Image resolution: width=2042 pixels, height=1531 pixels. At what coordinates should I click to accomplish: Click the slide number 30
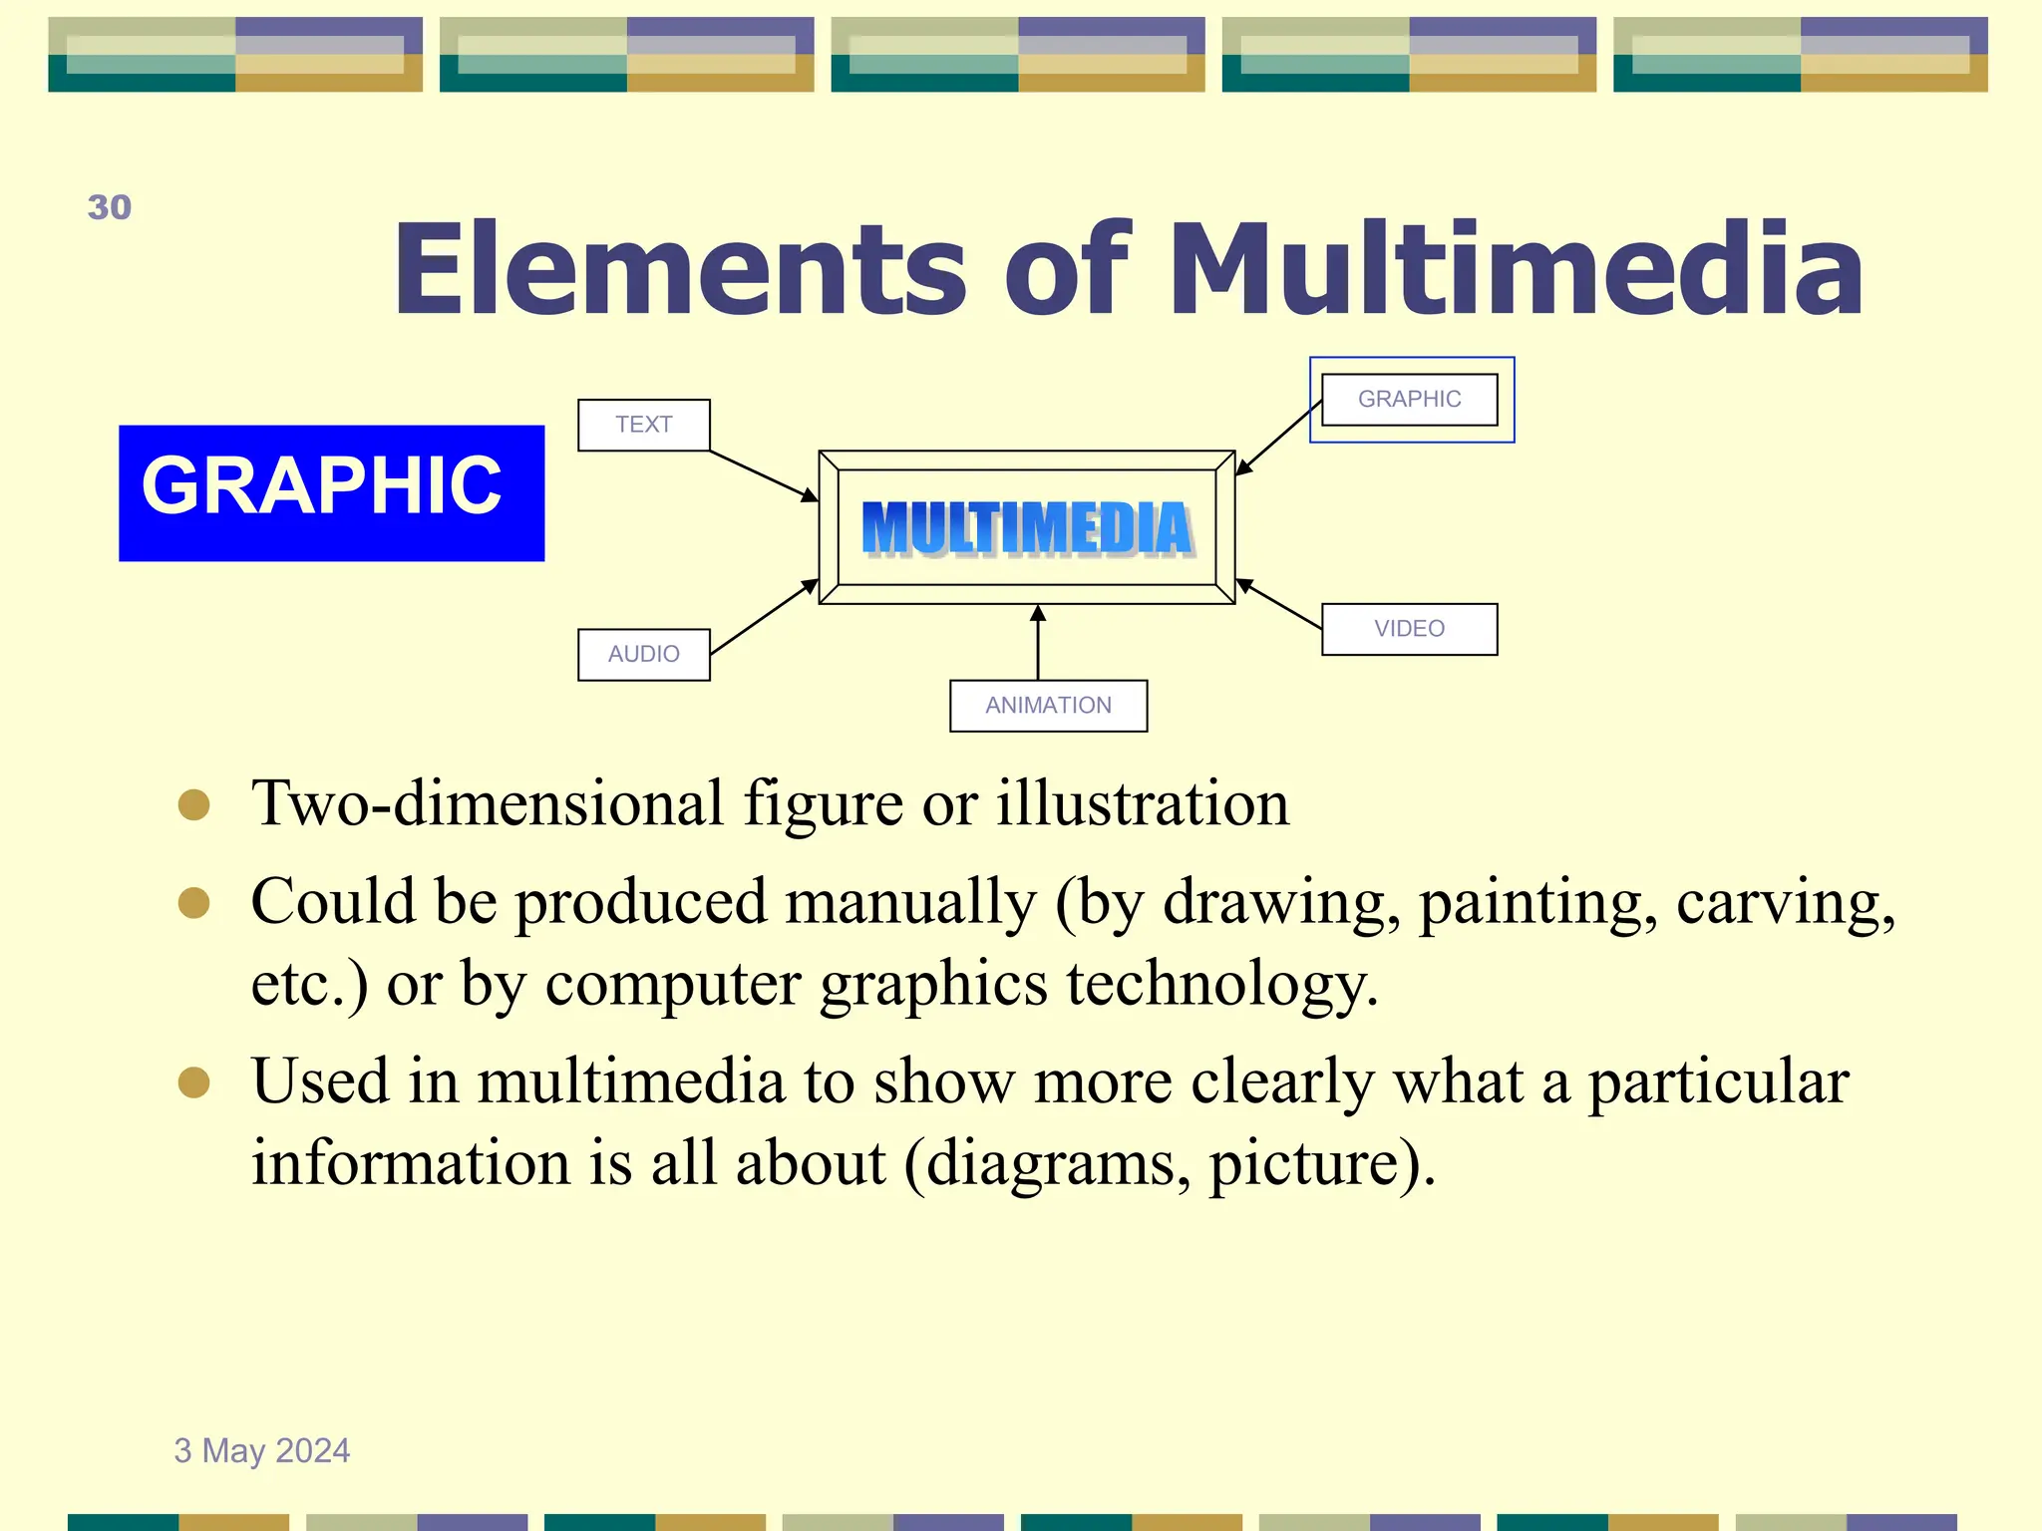110,207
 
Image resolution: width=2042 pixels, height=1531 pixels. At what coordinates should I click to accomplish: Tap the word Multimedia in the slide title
1516,269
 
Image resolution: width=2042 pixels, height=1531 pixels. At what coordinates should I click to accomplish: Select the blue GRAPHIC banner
331,492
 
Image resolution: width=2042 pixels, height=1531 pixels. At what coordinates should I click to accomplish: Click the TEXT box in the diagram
644,425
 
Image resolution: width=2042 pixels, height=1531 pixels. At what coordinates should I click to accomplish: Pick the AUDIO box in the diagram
644,654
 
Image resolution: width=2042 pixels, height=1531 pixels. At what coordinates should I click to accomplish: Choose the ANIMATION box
1048,706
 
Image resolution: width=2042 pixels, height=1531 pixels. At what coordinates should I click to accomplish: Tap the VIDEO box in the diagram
1409,629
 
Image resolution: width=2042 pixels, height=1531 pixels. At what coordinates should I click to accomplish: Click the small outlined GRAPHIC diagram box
1409,399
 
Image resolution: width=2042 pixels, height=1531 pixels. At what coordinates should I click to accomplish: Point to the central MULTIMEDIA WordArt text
1027,528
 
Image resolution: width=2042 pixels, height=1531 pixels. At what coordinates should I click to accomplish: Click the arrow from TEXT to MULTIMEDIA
763,475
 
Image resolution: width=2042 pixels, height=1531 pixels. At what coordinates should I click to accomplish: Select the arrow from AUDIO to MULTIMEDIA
763,618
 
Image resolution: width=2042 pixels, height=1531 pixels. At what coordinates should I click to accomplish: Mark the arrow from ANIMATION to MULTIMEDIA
1038,643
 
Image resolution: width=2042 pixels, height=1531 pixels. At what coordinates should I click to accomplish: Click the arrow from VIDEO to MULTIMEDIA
1279,604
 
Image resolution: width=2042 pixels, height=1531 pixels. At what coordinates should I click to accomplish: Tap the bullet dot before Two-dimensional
193,805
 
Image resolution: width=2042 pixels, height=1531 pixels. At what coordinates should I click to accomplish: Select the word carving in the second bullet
1785,903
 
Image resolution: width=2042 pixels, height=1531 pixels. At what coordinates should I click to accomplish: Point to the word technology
1222,984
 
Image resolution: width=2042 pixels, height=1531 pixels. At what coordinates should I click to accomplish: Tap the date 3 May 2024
262,1450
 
